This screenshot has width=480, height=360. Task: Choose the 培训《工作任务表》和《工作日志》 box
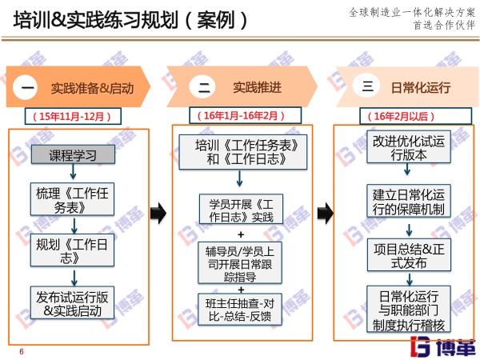(241, 151)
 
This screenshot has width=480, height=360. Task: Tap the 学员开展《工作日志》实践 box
(241, 210)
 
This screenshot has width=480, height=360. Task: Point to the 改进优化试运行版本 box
(401, 147)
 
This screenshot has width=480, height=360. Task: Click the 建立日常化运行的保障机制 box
(401, 199)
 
